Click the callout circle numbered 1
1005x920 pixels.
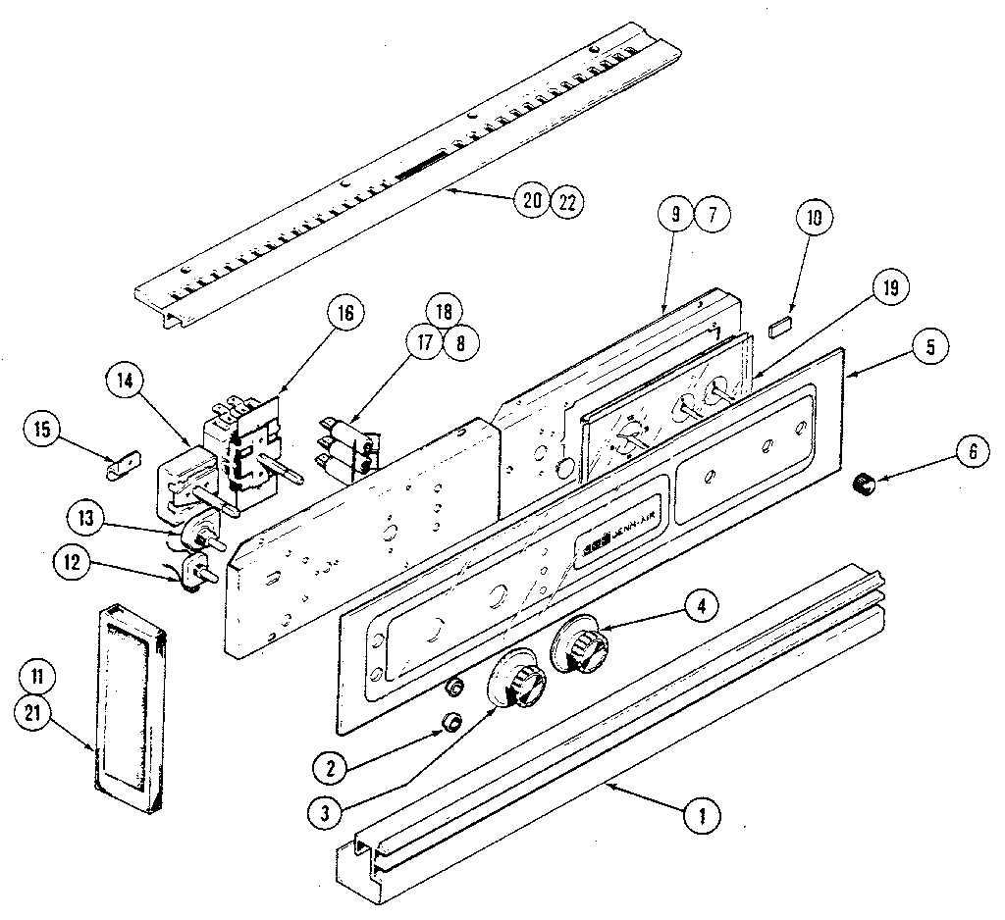tap(702, 813)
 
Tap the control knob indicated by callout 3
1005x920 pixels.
tap(516, 679)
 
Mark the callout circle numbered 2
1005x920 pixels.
tap(334, 767)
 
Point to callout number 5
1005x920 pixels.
tap(929, 345)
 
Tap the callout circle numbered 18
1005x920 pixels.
tap(443, 313)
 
